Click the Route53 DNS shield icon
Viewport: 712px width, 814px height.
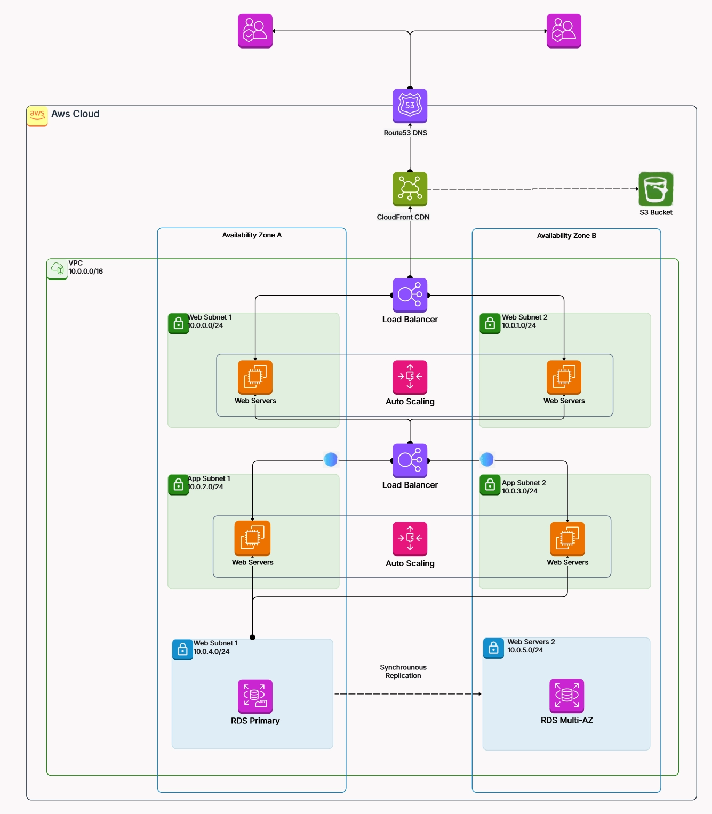(x=410, y=105)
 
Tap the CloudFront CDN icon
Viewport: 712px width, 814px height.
(x=410, y=188)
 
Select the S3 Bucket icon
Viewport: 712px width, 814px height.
(x=655, y=189)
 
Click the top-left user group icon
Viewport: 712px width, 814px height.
(x=255, y=31)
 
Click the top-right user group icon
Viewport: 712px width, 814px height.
(x=564, y=31)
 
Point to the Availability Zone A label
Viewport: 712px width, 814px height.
(x=252, y=235)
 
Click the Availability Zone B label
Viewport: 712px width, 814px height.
(x=566, y=236)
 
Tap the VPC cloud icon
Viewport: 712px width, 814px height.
(x=57, y=268)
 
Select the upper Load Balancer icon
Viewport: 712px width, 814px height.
(x=410, y=294)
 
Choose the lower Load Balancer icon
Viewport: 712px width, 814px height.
(x=410, y=460)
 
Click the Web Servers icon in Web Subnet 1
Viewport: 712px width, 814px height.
(x=255, y=377)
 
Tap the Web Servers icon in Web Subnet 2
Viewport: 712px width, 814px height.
(x=564, y=377)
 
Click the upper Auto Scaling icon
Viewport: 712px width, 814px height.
(x=410, y=377)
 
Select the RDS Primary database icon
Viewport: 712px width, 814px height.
(x=255, y=696)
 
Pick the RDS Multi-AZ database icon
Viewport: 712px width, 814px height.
(x=566, y=695)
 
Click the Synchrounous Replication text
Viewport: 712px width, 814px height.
(x=403, y=672)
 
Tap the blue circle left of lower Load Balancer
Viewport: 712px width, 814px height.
(x=331, y=459)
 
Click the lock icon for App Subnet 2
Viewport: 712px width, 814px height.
(x=490, y=485)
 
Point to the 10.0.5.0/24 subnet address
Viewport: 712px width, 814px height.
(x=525, y=650)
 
